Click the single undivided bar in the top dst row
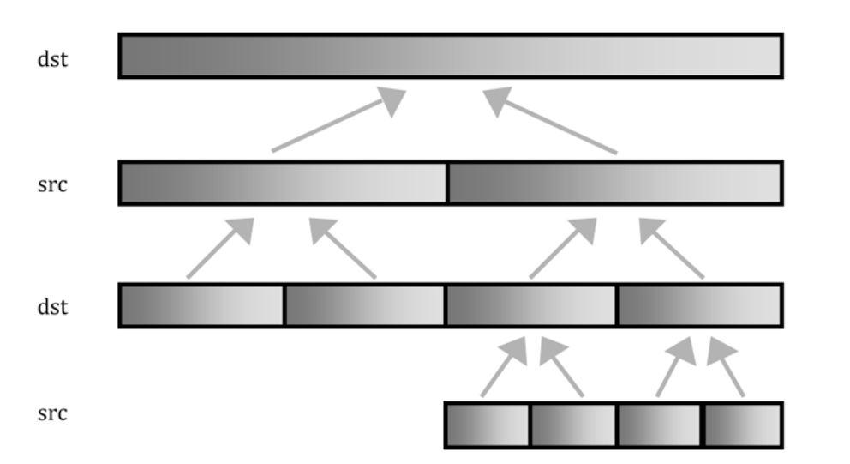[450, 56]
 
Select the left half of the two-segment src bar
[283, 183]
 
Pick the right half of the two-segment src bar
[614, 183]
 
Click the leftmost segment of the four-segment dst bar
[201, 306]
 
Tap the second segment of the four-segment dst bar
[365, 306]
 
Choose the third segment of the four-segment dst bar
[531, 306]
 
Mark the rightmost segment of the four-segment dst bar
[698, 306]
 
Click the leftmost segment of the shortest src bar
[488, 425]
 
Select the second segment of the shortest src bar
[572, 425]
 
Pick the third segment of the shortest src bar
[659, 425]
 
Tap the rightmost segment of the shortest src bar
[742, 425]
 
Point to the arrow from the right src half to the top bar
[553, 124]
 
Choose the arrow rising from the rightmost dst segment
[673, 249]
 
